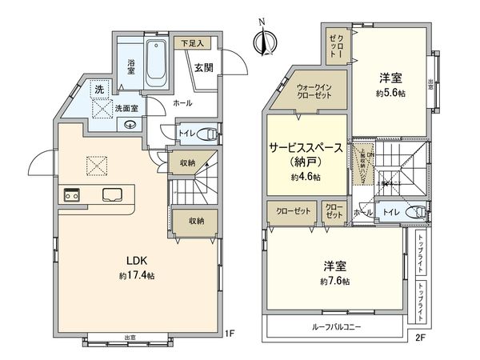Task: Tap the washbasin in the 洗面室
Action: (x=130, y=125)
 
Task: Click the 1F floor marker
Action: (x=229, y=333)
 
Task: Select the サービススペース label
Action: (x=306, y=148)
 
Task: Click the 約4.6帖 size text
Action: (x=306, y=177)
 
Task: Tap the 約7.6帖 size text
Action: (x=334, y=282)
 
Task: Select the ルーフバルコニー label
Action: (x=336, y=327)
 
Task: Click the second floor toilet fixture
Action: (x=416, y=212)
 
